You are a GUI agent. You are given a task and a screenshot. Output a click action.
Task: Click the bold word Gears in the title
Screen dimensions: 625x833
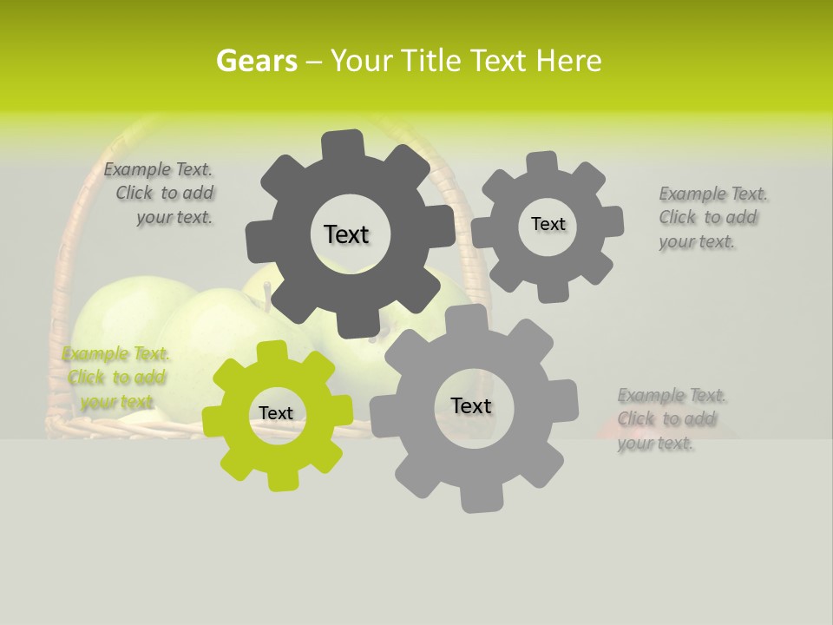point(256,61)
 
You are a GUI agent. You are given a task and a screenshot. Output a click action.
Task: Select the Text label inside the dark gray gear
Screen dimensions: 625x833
point(346,234)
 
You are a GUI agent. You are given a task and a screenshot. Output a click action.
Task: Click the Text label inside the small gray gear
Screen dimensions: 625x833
point(548,224)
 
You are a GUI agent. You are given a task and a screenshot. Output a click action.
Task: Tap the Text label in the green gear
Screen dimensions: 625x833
point(276,413)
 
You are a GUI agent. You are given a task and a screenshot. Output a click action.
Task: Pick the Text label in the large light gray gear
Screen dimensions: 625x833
point(471,405)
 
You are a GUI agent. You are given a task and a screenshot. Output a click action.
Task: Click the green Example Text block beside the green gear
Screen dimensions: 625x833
point(116,378)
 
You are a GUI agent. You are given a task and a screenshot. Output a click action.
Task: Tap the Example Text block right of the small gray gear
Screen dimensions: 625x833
point(712,217)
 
